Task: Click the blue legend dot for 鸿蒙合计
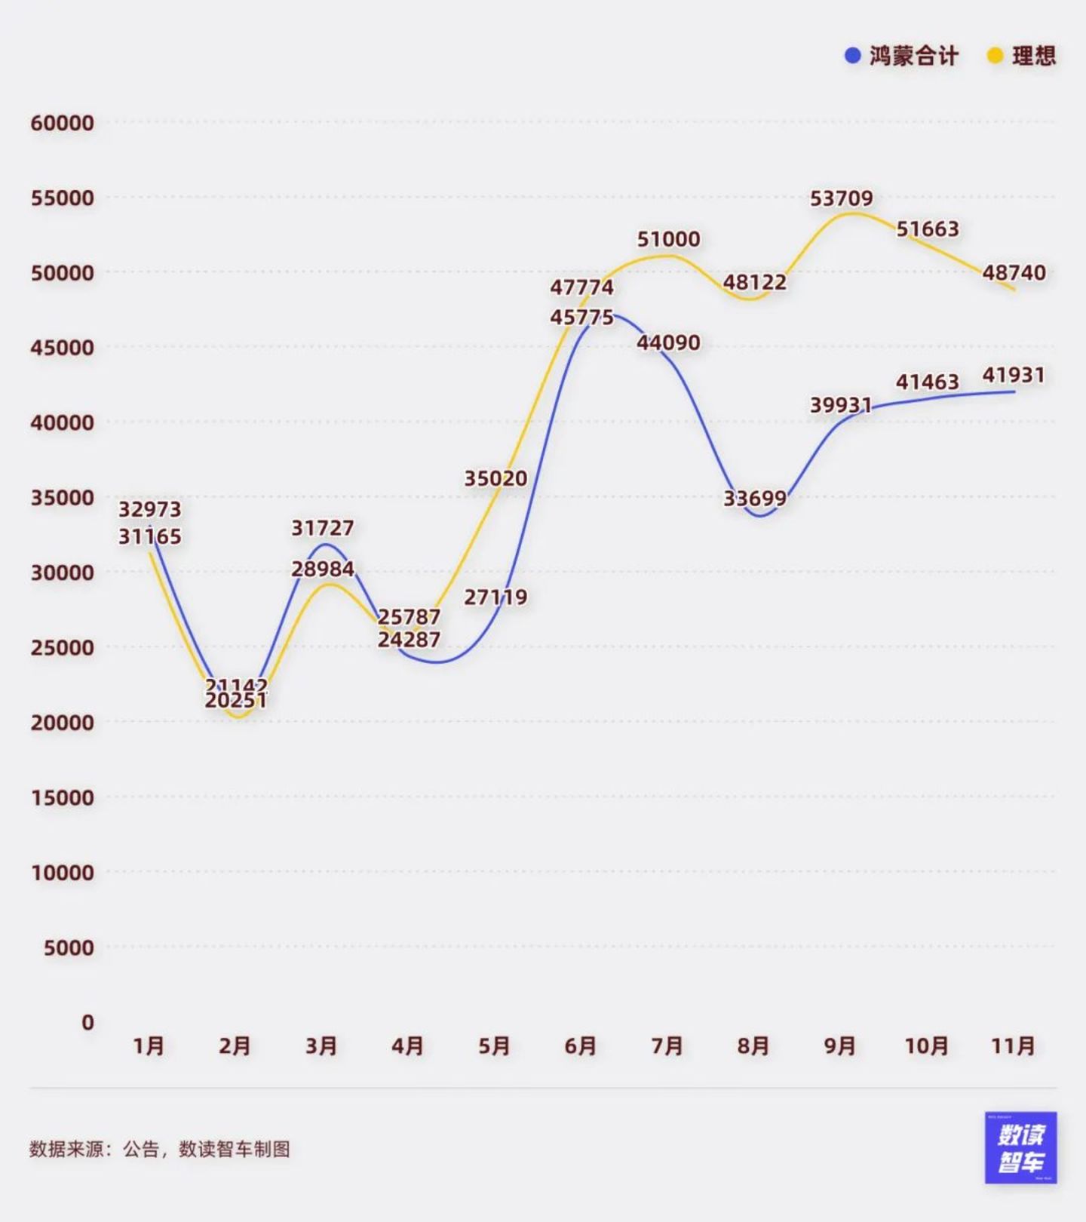pos(852,56)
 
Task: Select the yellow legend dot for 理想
pos(995,56)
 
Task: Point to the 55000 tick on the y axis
pos(63,198)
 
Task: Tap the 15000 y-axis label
pos(63,797)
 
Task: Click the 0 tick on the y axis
pos(87,1022)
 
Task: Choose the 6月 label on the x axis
pos(581,1046)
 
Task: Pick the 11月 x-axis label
pos(1013,1046)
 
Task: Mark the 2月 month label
pos(235,1046)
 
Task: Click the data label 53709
pos(841,198)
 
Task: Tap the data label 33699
pos(755,499)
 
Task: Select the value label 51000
pos(668,239)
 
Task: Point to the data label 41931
pos(1014,375)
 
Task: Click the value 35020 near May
pos(495,478)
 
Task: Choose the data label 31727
pos(323,528)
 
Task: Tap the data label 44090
pos(668,342)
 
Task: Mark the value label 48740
pos(1014,272)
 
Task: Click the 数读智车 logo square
pos(1020,1147)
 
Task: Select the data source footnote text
pos(160,1149)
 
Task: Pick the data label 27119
pos(495,597)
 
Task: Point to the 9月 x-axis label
pos(840,1046)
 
